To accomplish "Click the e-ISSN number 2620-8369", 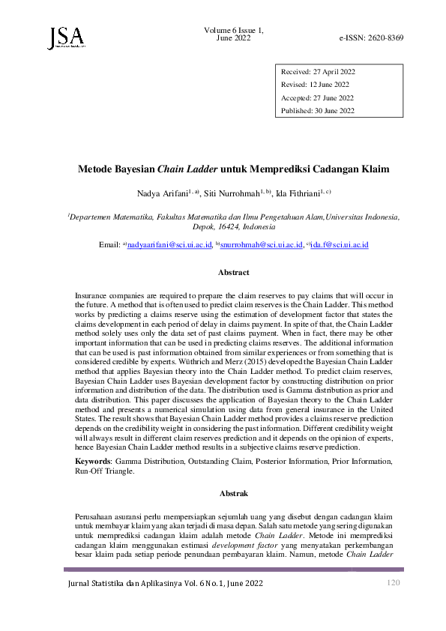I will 372,37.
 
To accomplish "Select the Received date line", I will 318,72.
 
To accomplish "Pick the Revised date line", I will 316,85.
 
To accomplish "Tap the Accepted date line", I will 318,98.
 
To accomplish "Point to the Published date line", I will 318,111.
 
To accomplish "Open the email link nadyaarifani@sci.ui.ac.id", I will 169,245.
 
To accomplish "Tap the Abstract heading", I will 233,273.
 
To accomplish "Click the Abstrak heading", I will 233,494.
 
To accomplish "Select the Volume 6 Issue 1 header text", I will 233,29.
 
